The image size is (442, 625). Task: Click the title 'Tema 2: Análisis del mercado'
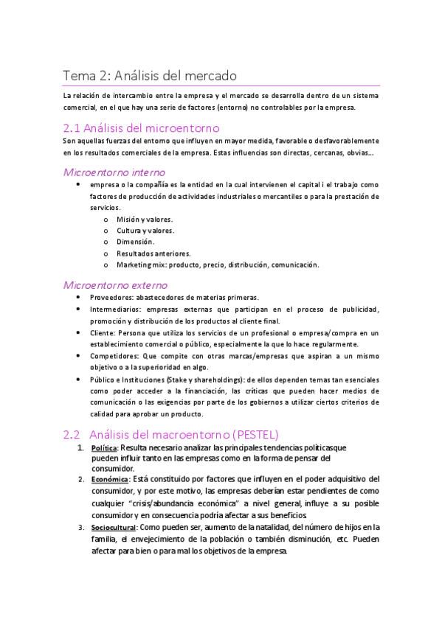(149, 75)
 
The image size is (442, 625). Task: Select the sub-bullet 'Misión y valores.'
(145, 220)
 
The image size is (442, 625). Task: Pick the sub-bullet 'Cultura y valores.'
(145, 231)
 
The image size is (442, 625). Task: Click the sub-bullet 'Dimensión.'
(135, 242)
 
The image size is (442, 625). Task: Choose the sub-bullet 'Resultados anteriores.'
(153, 253)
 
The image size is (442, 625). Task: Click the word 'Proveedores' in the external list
(111, 297)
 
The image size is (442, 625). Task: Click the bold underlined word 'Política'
(103, 448)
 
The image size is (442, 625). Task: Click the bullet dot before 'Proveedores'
(79, 297)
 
